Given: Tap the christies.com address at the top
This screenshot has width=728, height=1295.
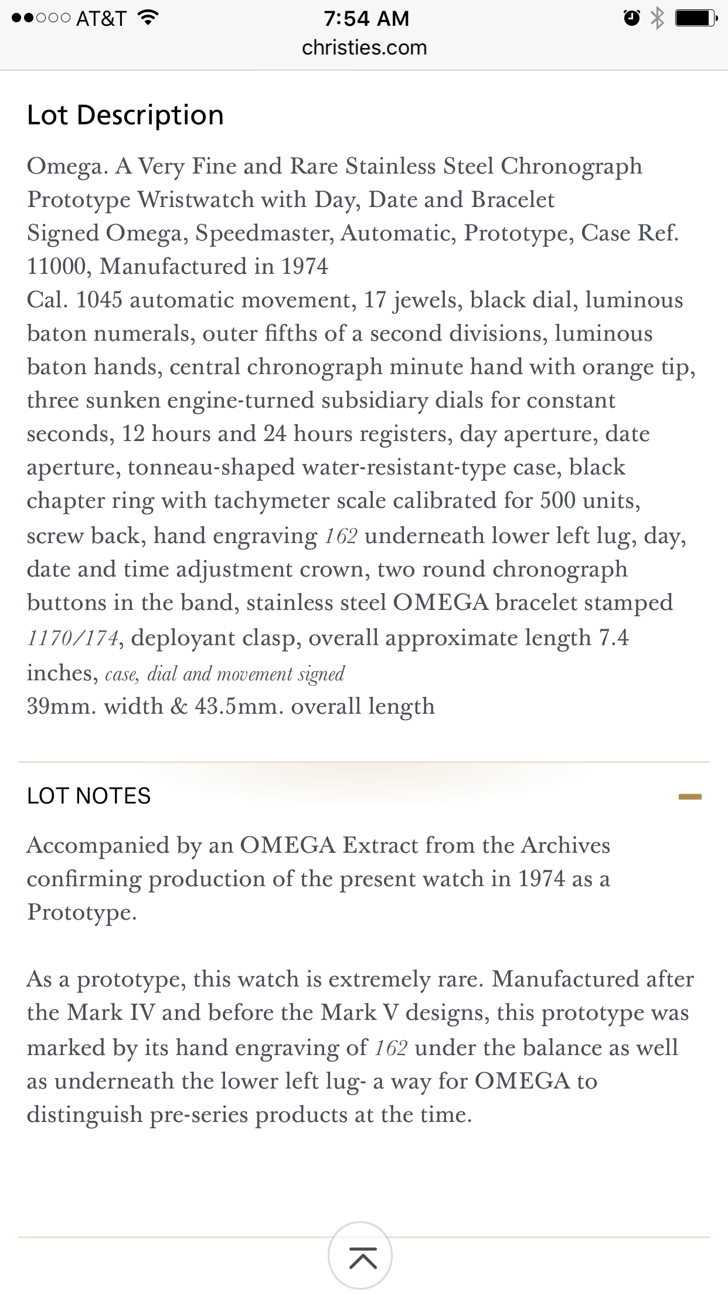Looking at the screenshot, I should pyautogui.click(x=364, y=48).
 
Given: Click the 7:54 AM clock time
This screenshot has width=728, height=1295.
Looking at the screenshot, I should pyautogui.click(x=366, y=18).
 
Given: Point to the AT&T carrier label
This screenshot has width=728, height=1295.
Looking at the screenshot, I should pyautogui.click(x=101, y=18).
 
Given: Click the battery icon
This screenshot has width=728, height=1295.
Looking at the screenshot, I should pyautogui.click(x=695, y=19).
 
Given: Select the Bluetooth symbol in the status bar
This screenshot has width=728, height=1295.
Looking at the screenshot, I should pyautogui.click(x=658, y=19).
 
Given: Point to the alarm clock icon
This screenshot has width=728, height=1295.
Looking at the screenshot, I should pyautogui.click(x=631, y=19).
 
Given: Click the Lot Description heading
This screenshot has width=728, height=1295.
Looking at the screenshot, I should pyautogui.click(x=125, y=115).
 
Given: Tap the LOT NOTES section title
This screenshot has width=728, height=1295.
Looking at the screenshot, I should pyautogui.click(x=89, y=796).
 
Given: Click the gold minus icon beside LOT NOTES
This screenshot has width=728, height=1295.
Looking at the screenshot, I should pyautogui.click(x=690, y=796).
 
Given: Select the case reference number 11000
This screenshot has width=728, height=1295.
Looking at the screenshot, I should pyautogui.click(x=56, y=267).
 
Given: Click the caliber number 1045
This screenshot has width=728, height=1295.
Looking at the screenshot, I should pyautogui.click(x=99, y=300).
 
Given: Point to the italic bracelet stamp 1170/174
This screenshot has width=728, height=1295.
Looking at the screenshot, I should pyautogui.click(x=73, y=638).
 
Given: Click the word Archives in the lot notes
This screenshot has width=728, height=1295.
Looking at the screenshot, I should pyautogui.click(x=566, y=845).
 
